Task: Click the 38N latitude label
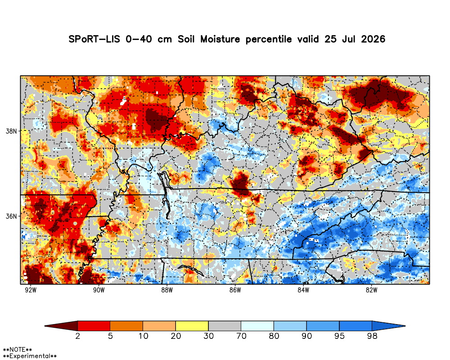click(x=12, y=131)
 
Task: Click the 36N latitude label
click(x=12, y=216)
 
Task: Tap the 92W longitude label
click(x=31, y=290)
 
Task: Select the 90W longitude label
click(x=99, y=290)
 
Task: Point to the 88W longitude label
click(x=167, y=290)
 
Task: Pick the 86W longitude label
click(x=235, y=290)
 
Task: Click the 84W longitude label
click(x=303, y=290)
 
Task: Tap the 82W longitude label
click(x=371, y=290)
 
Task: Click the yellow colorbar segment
click(x=192, y=326)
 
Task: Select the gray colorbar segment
click(x=225, y=326)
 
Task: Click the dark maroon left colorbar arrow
click(x=61, y=326)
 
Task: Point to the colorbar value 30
click(x=209, y=336)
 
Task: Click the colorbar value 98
click(x=372, y=336)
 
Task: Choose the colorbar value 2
click(x=78, y=336)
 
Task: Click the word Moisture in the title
click(x=220, y=39)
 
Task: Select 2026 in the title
click(x=373, y=39)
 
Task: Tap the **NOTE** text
click(x=17, y=350)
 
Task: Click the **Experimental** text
click(x=30, y=356)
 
